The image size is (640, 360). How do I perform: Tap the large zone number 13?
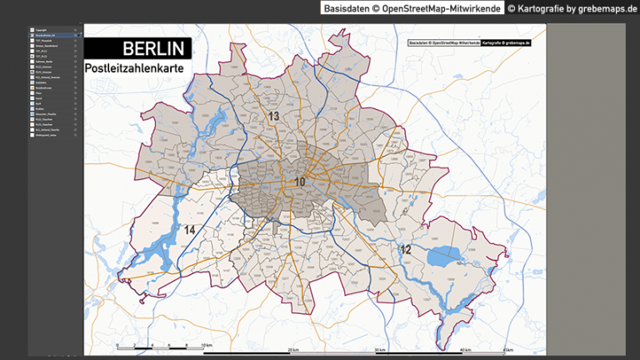coord(273,116)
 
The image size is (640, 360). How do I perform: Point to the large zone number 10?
coord(300,182)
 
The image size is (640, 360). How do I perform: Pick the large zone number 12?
coord(406,249)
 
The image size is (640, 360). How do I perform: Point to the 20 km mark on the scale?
coord(293,349)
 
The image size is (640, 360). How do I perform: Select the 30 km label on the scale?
coord(380,349)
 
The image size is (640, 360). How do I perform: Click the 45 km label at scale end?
coord(508,349)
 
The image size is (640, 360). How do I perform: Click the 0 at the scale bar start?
coord(118,344)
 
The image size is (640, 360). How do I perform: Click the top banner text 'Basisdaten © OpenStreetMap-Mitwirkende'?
coord(412,8)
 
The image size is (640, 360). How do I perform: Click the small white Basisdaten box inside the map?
coord(443,42)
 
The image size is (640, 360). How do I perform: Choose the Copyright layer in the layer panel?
coord(42,29)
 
